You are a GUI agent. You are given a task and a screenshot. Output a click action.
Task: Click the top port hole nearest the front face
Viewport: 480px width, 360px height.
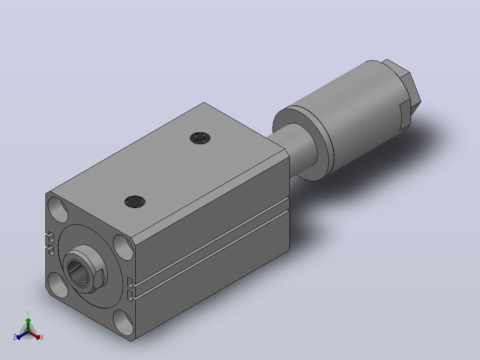tap(135, 201)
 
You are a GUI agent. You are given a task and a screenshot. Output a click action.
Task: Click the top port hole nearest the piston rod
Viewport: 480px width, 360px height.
tap(200, 138)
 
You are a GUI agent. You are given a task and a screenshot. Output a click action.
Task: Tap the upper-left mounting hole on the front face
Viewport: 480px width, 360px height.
tap(58, 209)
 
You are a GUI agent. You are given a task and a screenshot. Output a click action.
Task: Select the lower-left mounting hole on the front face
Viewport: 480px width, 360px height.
tap(58, 285)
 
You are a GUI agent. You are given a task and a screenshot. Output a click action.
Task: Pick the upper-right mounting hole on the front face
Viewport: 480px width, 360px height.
tap(123, 248)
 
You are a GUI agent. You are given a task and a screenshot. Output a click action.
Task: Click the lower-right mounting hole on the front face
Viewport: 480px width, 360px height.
tap(123, 323)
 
